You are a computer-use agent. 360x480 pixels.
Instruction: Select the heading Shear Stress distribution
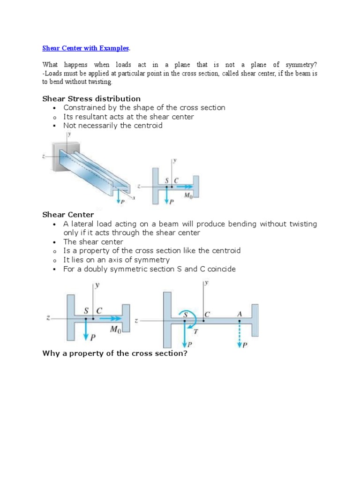pos(91,98)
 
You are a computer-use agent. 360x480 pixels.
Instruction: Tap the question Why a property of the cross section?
pos(115,353)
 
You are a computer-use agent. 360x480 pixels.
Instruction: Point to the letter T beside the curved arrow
pos(196,331)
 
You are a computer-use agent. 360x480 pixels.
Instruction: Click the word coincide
pos(220,269)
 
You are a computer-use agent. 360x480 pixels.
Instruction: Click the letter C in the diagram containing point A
pos(206,315)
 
